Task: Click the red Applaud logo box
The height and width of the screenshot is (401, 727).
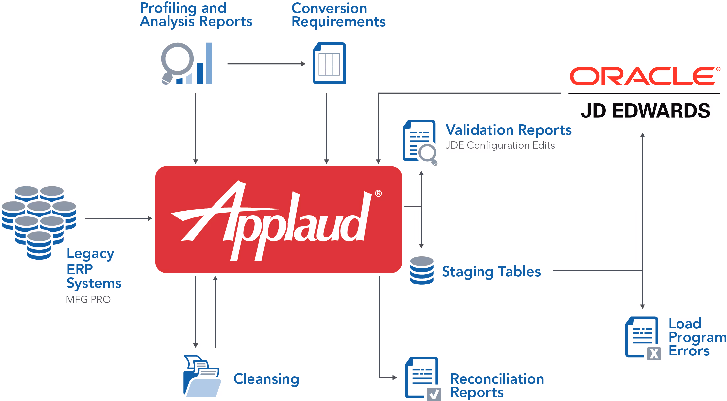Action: [278, 219]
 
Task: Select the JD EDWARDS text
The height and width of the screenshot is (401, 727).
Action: [645, 111]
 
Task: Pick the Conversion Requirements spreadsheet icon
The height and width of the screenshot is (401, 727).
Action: [329, 63]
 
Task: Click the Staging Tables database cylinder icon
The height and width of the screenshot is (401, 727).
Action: [422, 270]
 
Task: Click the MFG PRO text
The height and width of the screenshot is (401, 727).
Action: [88, 299]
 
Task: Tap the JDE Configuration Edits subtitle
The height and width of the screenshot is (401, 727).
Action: [500, 145]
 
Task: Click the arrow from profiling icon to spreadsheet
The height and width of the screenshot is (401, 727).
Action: [266, 64]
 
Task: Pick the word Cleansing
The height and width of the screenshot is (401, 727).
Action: [266, 379]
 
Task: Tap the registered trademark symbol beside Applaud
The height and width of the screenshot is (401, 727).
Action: [378, 193]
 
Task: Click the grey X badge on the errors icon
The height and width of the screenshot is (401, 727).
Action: [654, 354]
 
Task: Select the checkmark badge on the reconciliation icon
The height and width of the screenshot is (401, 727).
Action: [434, 394]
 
